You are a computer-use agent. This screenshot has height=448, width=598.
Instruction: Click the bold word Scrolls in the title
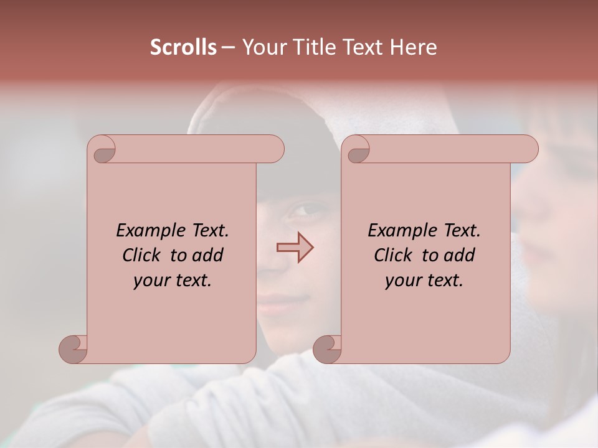click(183, 47)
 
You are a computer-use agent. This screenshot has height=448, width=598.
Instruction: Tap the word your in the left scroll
click(150, 281)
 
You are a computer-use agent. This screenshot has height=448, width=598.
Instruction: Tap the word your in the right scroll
click(402, 281)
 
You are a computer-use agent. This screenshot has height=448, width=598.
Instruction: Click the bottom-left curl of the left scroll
click(74, 348)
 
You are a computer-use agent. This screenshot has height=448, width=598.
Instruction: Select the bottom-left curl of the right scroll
click(328, 348)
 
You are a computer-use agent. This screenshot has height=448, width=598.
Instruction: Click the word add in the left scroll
click(208, 255)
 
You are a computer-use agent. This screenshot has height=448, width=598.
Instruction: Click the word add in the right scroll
click(460, 255)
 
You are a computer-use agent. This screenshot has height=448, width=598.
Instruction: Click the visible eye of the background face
click(305, 211)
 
